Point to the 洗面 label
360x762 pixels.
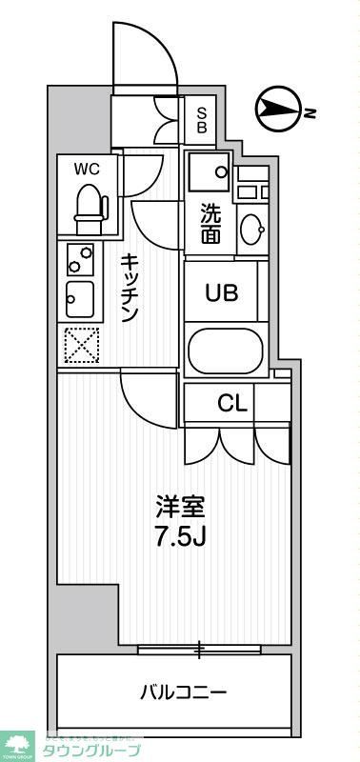(210, 224)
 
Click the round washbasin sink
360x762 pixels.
(252, 228)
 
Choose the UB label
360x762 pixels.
(223, 292)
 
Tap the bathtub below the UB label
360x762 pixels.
(225, 351)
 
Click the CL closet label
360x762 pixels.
(231, 403)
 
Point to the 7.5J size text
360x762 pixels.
(180, 535)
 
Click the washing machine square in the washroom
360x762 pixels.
(209, 171)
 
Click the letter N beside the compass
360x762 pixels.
(310, 112)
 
